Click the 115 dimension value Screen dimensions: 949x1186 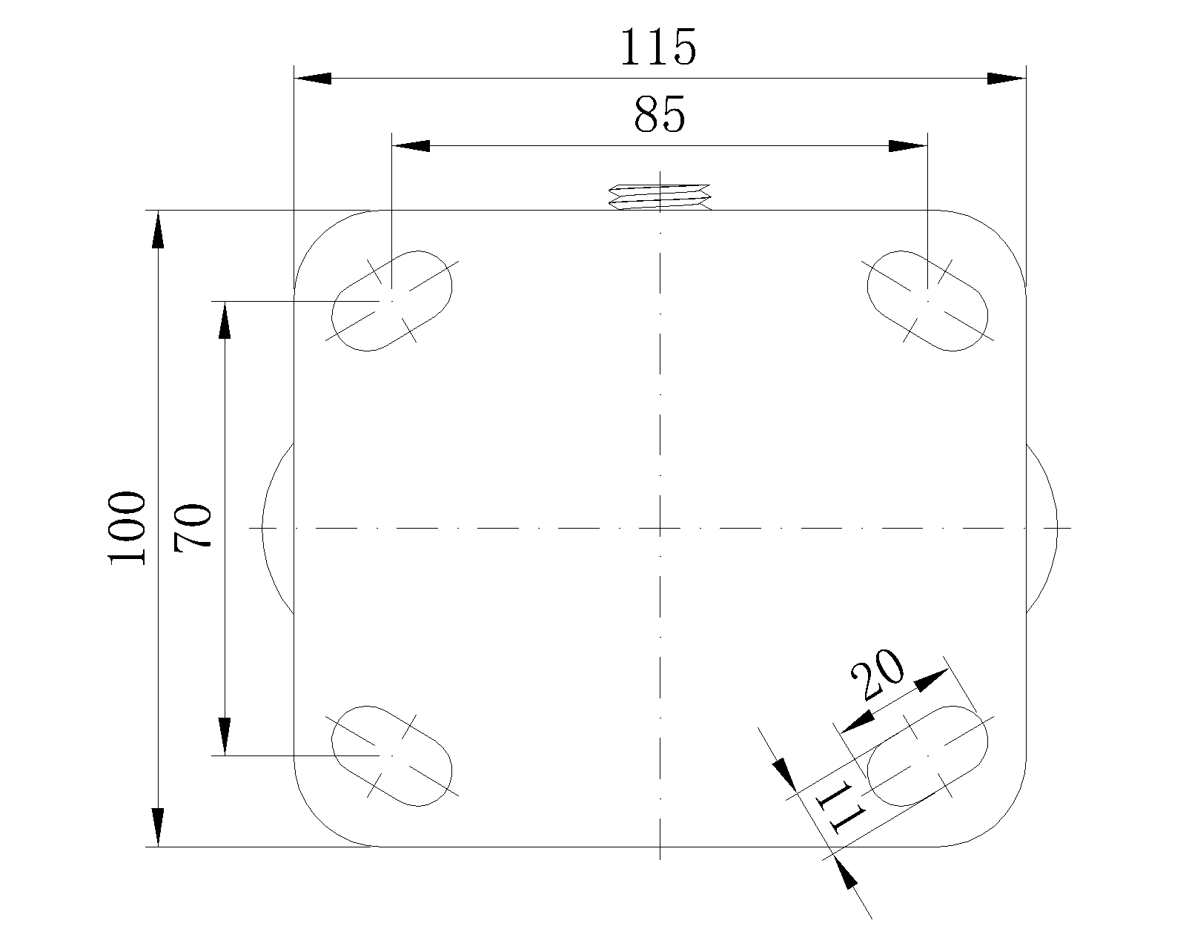658,48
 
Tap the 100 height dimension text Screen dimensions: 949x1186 127,528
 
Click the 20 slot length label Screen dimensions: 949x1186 878,675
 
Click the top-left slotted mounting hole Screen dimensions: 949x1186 391,300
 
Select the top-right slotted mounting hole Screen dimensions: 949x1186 928,300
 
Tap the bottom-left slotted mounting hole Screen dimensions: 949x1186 391,755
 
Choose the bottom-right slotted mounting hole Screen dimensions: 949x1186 928,755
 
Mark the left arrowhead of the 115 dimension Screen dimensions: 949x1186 313,78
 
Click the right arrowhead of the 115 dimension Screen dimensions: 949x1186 1007,78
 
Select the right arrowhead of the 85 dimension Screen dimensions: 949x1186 908,145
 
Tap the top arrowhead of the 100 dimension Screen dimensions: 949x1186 158,230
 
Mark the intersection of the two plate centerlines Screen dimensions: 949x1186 660,529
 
